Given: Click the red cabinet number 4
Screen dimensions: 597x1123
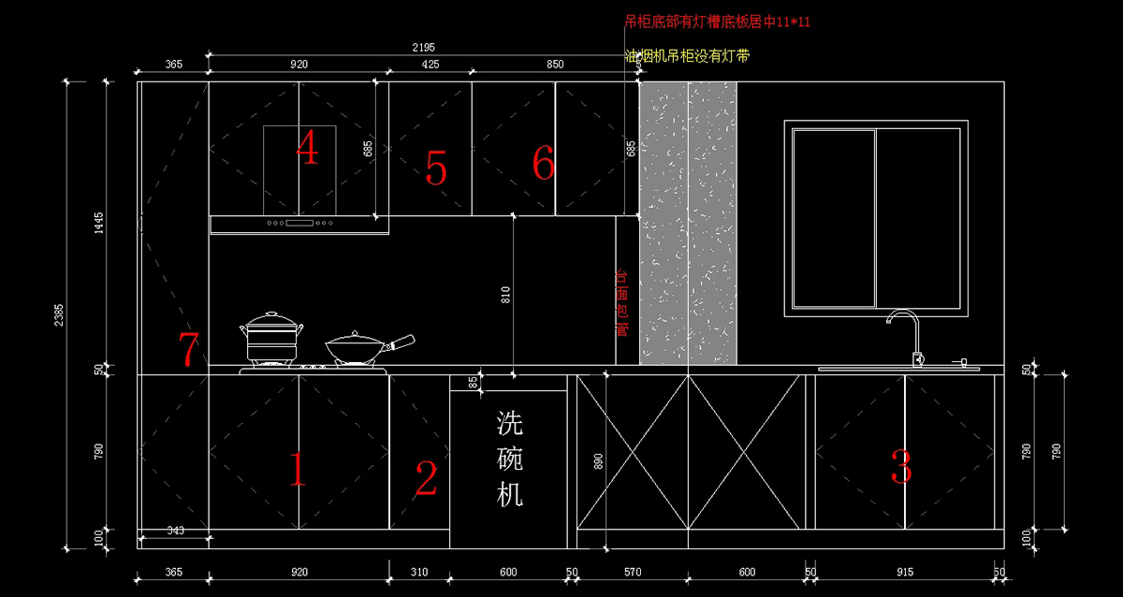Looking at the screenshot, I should (307, 148).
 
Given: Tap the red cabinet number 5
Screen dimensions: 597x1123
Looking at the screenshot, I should (435, 167).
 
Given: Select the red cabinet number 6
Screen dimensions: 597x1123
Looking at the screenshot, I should (544, 164).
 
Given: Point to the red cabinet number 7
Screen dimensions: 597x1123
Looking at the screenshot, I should (189, 350).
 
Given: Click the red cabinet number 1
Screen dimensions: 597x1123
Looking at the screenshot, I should (297, 470).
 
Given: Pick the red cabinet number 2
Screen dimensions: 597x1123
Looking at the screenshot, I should (426, 478).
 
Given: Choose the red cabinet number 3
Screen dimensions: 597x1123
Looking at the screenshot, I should (900, 467).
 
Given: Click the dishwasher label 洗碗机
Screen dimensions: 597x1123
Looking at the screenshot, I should (509, 459).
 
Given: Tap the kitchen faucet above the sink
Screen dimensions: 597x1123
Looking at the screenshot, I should (905, 332).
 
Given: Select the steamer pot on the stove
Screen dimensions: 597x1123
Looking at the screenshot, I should (271, 338).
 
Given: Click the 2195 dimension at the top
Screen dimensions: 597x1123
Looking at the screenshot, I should (423, 47).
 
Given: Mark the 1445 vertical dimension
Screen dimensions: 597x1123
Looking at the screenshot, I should (98, 224).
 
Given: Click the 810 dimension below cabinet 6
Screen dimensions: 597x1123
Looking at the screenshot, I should (506, 295).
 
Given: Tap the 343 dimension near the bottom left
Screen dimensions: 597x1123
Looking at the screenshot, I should (175, 531).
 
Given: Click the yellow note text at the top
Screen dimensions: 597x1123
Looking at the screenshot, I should (687, 56).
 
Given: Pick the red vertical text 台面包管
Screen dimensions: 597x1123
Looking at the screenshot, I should (620, 303).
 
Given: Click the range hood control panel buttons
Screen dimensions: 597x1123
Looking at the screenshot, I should (299, 224).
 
